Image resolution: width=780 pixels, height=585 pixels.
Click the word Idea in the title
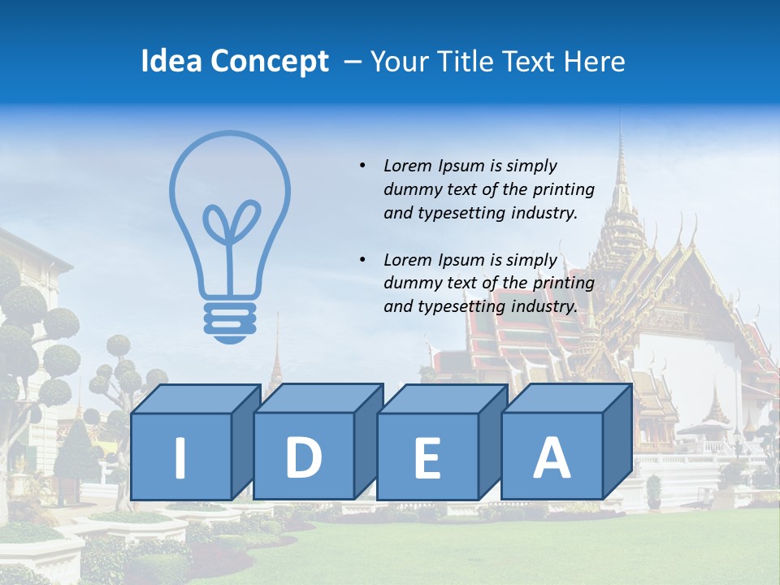171,62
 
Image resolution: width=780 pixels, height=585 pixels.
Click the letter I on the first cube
180,457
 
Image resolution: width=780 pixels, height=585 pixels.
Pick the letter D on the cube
303,457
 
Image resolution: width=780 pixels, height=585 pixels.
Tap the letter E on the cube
427,458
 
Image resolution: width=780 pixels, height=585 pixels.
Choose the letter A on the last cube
551,457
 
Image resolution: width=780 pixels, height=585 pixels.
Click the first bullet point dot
362,166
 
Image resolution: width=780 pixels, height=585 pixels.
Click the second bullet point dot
362,260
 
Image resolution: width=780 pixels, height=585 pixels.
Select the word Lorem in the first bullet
409,166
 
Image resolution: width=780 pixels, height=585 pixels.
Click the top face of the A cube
565,398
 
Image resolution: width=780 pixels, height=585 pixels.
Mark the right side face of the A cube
617,441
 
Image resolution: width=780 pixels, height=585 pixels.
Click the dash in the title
353,62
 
